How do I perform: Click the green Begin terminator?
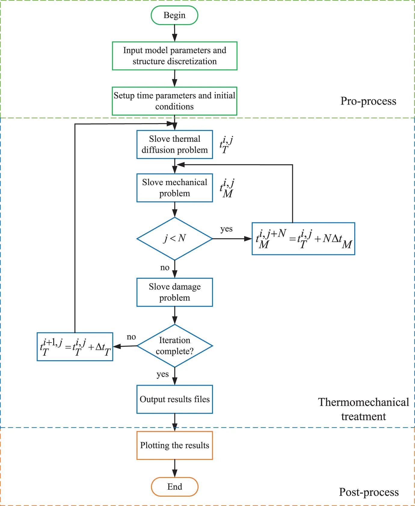point(174,15)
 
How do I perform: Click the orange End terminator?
point(174,487)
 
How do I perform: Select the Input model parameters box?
point(174,56)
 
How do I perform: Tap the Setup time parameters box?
point(174,101)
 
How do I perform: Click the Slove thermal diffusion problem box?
point(174,144)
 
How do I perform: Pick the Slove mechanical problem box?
point(174,188)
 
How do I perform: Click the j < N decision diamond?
point(174,239)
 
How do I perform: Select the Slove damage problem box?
point(174,292)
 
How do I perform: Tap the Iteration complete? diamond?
point(174,346)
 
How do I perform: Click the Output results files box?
point(174,399)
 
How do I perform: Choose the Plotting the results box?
point(174,445)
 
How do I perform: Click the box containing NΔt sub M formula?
point(303,239)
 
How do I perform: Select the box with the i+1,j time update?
point(75,347)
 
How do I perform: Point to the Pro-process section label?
point(368,101)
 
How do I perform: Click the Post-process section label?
point(369,492)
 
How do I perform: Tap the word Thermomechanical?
point(363,402)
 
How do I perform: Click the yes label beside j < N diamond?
point(226,229)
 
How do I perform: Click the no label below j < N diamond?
point(164,268)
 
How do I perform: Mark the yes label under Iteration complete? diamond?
point(162,374)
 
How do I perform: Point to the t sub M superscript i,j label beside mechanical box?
point(227,188)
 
